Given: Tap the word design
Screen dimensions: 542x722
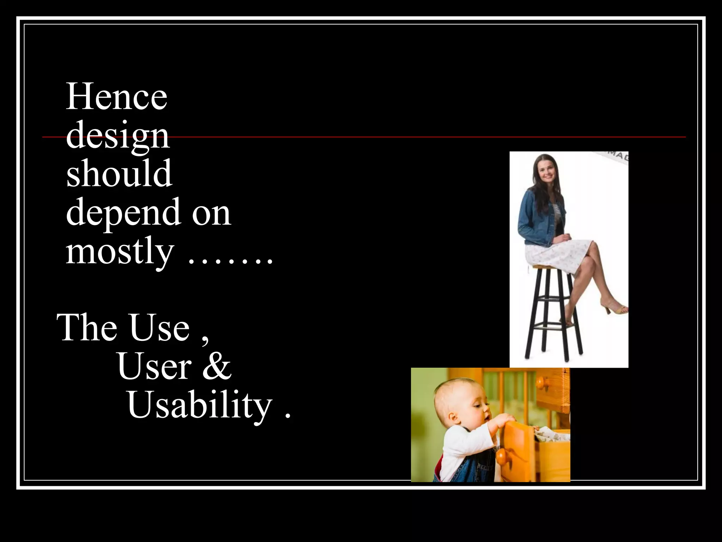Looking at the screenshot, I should coord(118,136).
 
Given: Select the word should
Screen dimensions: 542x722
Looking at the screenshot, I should coord(119,174).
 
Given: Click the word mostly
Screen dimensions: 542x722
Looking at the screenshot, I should coord(120,251).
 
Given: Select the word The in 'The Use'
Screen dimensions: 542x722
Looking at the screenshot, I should coord(87,328).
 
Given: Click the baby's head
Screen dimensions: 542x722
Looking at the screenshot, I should coord(458,402).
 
